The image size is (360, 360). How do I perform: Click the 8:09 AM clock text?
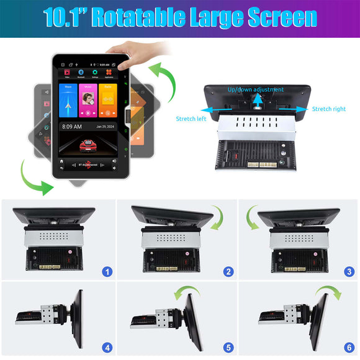click(x=72, y=127)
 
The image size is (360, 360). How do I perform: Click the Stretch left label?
click(x=191, y=119)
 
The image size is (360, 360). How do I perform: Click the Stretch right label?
click(x=328, y=109)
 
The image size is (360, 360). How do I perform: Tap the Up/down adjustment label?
click(x=256, y=90)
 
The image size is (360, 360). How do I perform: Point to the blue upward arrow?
click(x=256, y=101)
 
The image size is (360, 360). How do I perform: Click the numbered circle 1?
click(x=107, y=271)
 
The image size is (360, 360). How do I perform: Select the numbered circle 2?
click(x=228, y=271)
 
